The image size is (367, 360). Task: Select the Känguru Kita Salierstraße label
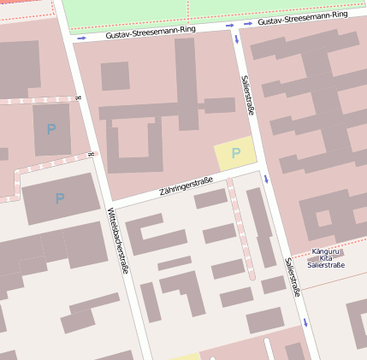(x=326, y=258)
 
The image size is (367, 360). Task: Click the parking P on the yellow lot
(x=236, y=153)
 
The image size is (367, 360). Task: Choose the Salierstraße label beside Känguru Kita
(x=293, y=277)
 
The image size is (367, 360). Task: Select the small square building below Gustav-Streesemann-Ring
(x=115, y=76)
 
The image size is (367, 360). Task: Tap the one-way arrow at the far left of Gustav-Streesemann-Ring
(x=81, y=38)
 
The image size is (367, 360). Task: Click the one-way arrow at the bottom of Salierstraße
(x=305, y=323)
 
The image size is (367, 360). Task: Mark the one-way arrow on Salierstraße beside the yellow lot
(x=266, y=179)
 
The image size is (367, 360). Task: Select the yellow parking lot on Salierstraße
(x=234, y=154)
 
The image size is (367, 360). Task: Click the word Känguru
(x=325, y=251)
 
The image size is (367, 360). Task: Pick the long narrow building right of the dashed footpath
(x=261, y=227)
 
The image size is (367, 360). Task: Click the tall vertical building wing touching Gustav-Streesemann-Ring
(x=186, y=81)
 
